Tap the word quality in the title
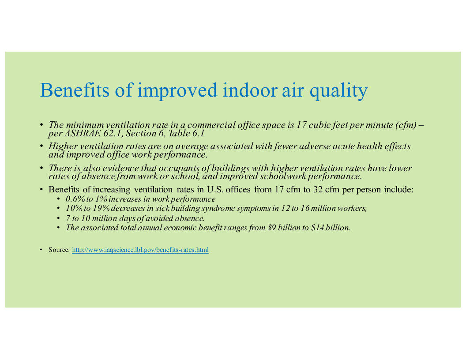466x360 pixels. (338, 91)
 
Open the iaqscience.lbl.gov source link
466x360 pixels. (140, 250)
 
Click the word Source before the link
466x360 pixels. (59, 250)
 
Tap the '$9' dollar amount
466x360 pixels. (271, 228)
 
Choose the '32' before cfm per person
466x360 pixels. (318, 190)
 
